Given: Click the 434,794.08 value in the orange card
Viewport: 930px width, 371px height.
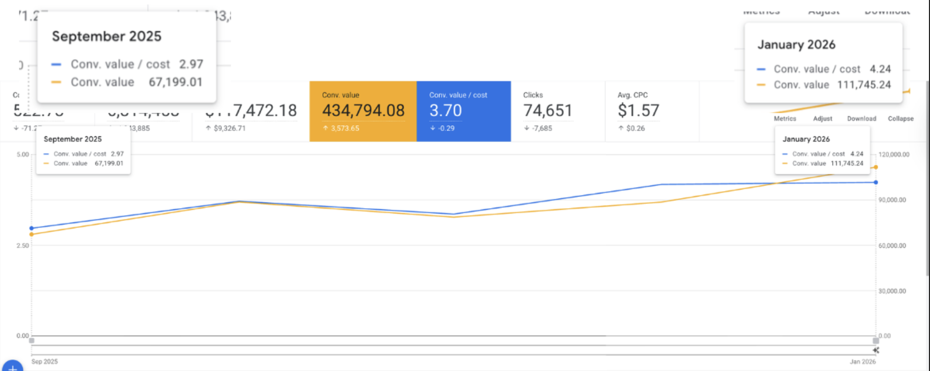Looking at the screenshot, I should click(x=363, y=110).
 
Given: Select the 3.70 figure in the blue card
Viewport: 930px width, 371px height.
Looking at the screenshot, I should click(x=445, y=110).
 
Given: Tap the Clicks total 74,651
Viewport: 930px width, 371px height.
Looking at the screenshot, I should click(x=548, y=110).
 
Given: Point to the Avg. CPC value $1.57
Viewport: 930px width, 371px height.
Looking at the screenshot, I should click(x=639, y=110).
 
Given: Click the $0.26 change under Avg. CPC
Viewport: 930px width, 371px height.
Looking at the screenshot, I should click(x=635, y=128).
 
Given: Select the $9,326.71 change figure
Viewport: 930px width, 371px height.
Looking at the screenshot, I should click(x=229, y=128).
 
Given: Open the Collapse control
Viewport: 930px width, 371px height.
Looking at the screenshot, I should click(x=900, y=119).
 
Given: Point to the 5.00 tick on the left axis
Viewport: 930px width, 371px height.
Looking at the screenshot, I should click(x=23, y=155).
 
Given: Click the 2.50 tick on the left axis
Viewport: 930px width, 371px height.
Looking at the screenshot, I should click(x=23, y=246).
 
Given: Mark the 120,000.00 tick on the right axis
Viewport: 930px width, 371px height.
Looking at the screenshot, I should click(x=894, y=155).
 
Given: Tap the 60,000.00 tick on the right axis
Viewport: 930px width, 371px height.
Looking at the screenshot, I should click(x=892, y=246).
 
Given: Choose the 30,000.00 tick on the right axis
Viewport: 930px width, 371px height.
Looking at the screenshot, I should click(x=892, y=291).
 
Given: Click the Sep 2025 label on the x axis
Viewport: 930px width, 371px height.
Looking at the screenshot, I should click(x=44, y=362).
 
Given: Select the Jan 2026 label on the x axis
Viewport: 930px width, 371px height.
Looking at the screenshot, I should click(x=862, y=362).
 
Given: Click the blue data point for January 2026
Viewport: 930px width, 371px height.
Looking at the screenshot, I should click(x=876, y=182).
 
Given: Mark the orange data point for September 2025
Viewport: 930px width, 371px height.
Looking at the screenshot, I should click(x=32, y=234).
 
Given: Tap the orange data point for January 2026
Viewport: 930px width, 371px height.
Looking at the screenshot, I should click(x=876, y=168).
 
